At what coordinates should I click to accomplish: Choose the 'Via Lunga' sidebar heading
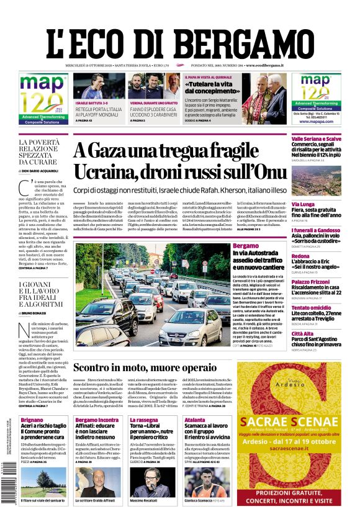(x=303, y=204)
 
